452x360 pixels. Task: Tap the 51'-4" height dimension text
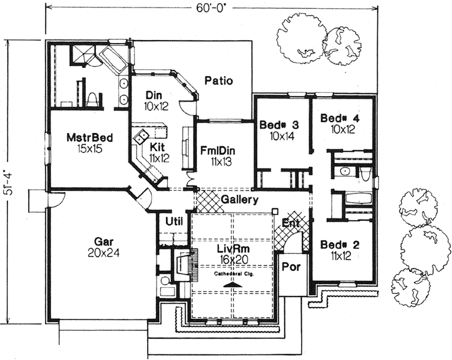pyautogui.click(x=8, y=180)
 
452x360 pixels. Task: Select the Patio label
pyautogui.click(x=218, y=80)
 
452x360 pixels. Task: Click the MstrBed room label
pyautogui.click(x=86, y=143)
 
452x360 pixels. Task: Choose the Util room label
pyautogui.click(x=173, y=221)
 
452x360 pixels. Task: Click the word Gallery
pyautogui.click(x=240, y=200)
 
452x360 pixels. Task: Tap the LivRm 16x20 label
pyautogui.click(x=234, y=254)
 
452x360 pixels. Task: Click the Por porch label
pyautogui.click(x=291, y=265)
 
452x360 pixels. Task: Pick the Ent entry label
pyautogui.click(x=291, y=223)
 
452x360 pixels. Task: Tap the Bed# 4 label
pyautogui.click(x=339, y=124)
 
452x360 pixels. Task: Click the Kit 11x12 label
pyautogui.click(x=158, y=152)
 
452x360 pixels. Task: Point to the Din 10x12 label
pyautogui.click(x=153, y=100)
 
